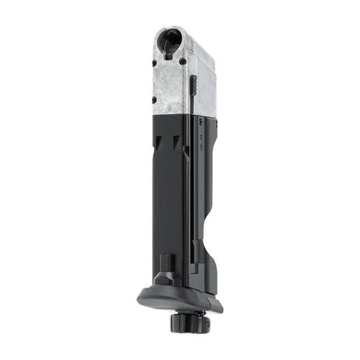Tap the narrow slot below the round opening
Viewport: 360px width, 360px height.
[x=170, y=54]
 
